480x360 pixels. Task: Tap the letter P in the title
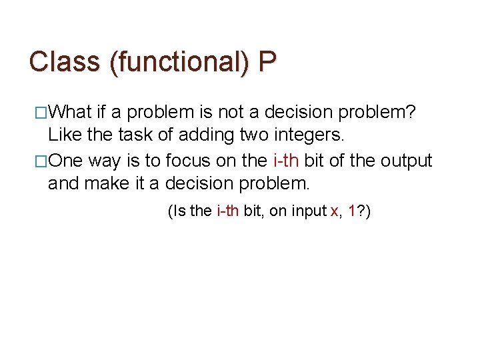coord(267,62)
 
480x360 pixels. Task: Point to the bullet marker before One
coord(41,161)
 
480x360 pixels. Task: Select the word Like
coord(64,135)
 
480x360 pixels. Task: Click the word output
coord(406,161)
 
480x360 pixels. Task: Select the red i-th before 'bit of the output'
coord(287,161)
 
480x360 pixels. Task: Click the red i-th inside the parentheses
coord(228,212)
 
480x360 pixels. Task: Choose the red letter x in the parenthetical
coord(333,212)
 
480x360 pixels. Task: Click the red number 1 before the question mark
coord(351,212)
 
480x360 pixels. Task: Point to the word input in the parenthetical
coord(309,212)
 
